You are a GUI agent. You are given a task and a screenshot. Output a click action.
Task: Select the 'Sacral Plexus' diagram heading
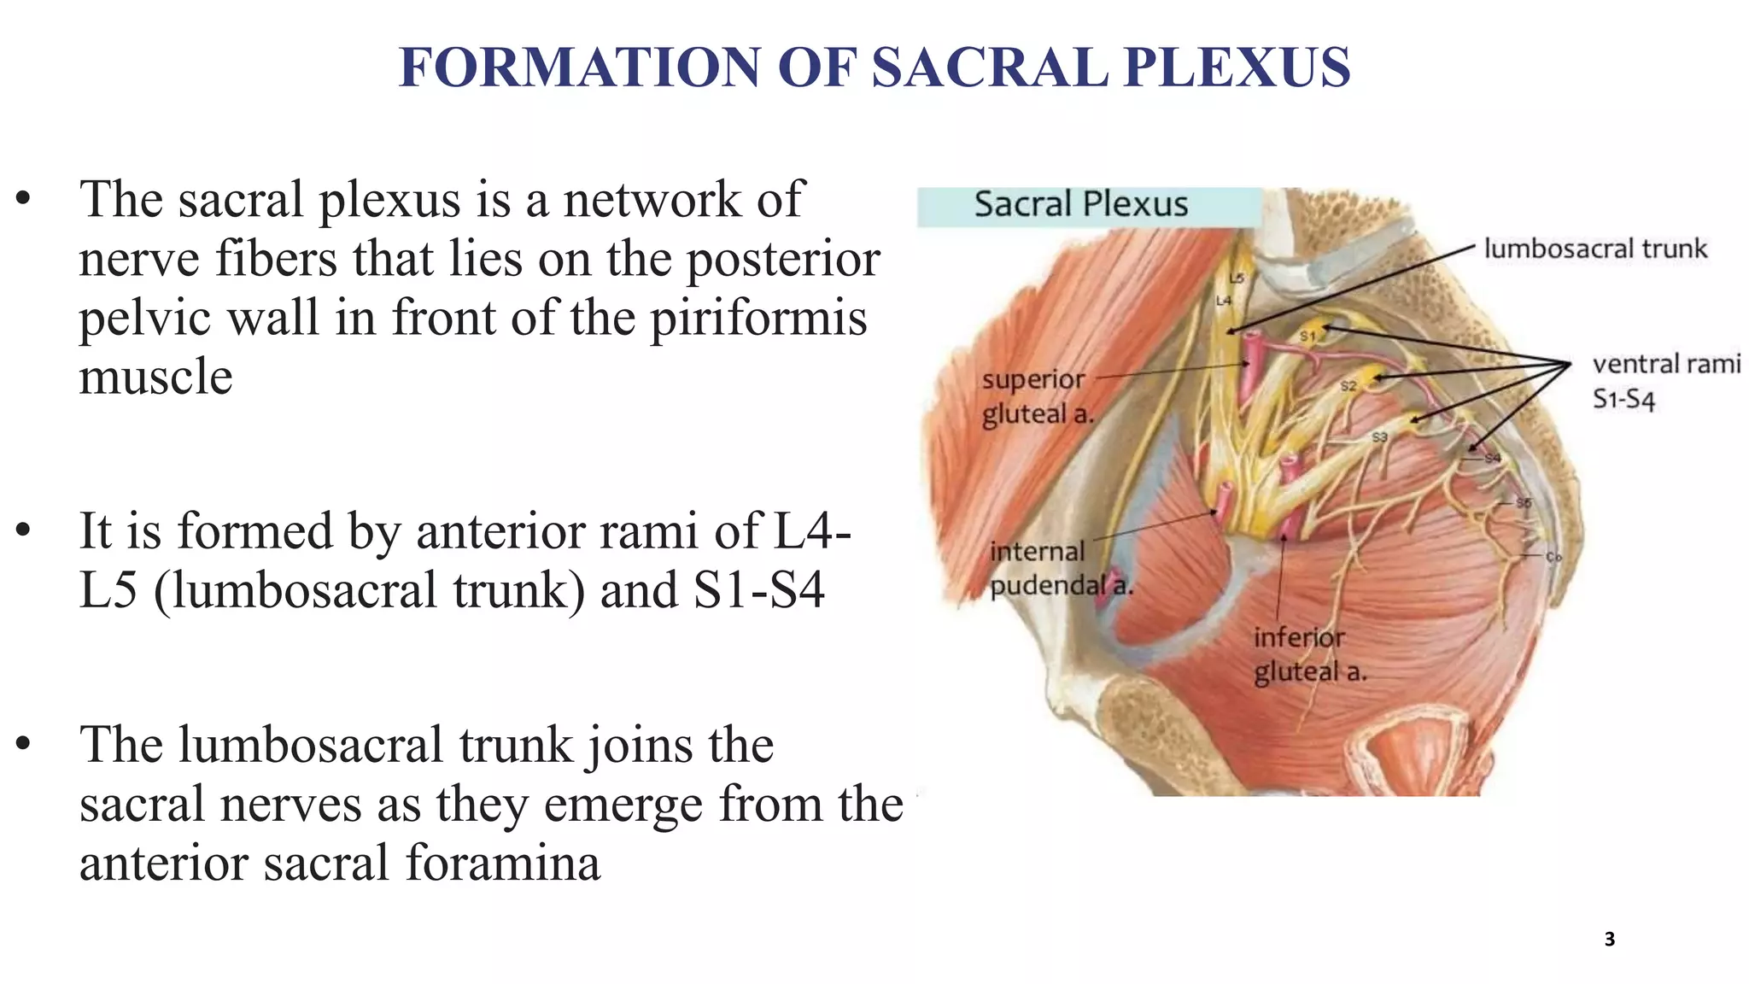(x=1080, y=204)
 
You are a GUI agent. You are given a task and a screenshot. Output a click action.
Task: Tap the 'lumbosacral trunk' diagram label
(x=1594, y=249)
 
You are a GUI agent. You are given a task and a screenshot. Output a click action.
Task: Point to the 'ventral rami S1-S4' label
(x=1665, y=381)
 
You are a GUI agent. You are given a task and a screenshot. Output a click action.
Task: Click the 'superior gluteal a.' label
(x=1036, y=396)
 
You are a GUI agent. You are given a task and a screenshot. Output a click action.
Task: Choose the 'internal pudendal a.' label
(x=1060, y=568)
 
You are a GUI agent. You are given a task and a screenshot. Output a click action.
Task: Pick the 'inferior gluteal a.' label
(x=1308, y=654)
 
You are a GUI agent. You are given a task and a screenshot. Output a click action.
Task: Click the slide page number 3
(x=1609, y=940)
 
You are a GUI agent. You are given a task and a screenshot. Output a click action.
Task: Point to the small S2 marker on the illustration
(x=1348, y=386)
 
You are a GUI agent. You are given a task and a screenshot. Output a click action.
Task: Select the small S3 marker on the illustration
(x=1379, y=437)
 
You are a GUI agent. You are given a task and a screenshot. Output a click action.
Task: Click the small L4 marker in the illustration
(x=1224, y=301)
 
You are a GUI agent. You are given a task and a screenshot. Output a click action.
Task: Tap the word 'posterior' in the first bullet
(x=782, y=259)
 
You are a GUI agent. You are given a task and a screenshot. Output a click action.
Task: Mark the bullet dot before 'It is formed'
(x=23, y=530)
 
